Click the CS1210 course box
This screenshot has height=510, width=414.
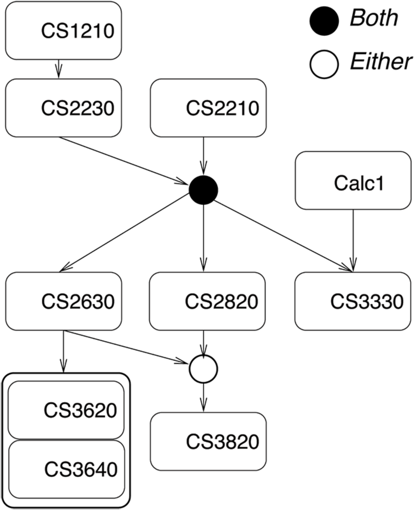tap(63, 31)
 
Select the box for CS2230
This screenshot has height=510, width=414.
tap(63, 108)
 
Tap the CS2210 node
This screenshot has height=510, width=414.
tap(208, 108)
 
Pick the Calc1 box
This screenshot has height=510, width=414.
tap(353, 181)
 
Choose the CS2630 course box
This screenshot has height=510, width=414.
tap(63, 301)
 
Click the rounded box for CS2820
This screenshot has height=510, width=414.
tap(207, 301)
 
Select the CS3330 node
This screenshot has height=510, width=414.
tap(353, 301)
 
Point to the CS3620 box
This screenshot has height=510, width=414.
tap(66, 410)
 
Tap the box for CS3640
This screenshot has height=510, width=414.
tap(66, 470)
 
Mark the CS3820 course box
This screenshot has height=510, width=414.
tap(208, 442)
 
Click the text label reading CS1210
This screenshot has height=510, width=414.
tap(78, 31)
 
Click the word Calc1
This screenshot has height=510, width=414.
tap(359, 183)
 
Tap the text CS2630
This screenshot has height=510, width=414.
tap(78, 302)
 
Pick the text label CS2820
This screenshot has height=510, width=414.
tap(222, 302)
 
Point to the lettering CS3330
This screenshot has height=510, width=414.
tap(367, 302)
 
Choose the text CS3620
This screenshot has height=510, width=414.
tap(80, 410)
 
